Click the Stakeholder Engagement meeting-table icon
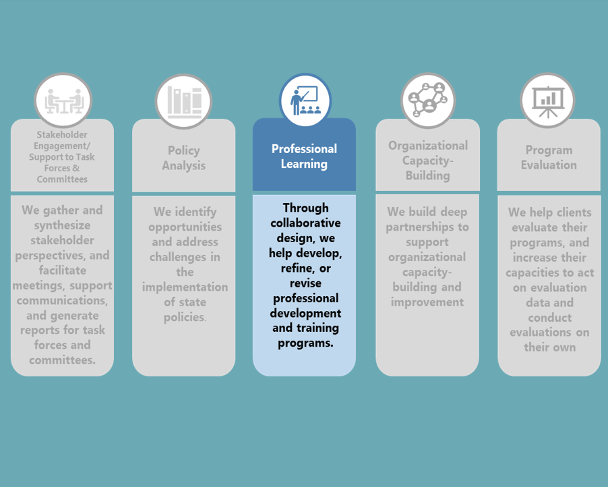[63, 101]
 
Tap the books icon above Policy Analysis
[184, 102]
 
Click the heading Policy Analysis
[184, 158]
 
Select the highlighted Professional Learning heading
[304, 156]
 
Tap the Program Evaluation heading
[549, 157]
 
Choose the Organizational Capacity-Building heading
[427, 161]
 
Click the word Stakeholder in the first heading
[62, 135]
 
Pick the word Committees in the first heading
[62, 179]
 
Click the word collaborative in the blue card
[305, 223]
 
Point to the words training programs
[305, 335]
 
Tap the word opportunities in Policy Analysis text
[184, 227]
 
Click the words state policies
[184, 310]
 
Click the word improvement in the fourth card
[427, 302]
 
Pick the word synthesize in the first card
[62, 225]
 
